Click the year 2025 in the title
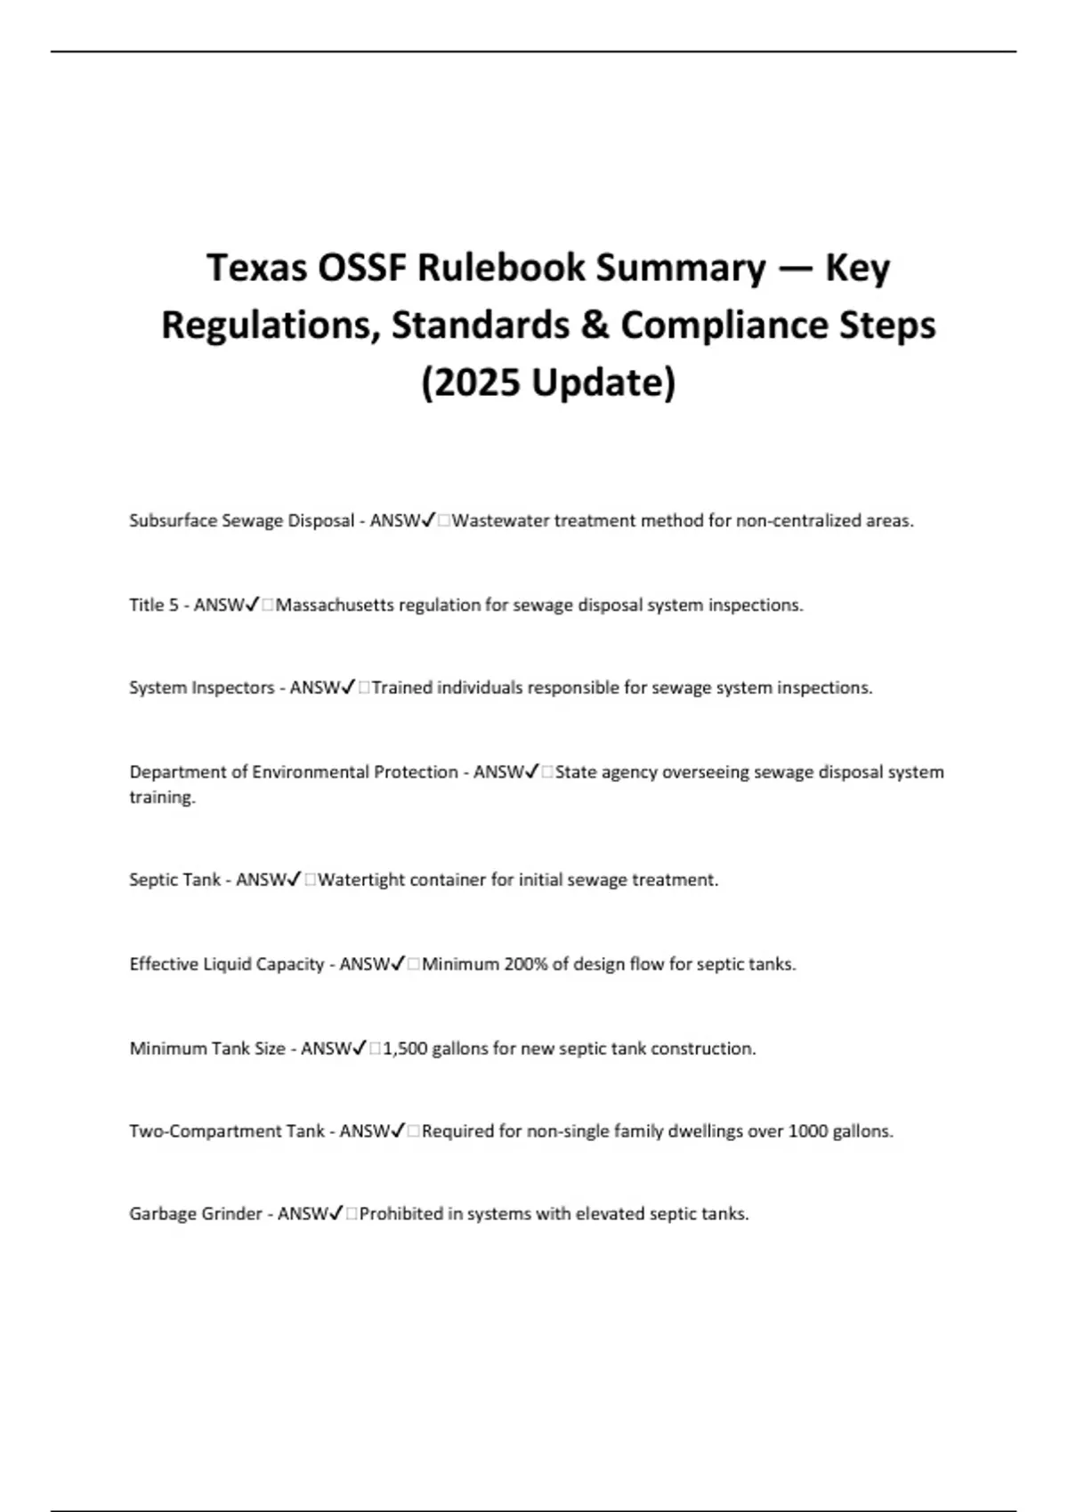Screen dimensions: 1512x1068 (471, 382)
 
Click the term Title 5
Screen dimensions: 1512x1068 (153, 605)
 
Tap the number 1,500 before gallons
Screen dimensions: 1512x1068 (405, 1049)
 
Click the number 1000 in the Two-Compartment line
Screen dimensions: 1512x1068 (808, 1131)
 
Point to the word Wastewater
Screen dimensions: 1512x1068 (500, 520)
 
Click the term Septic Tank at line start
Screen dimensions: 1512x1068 (174, 880)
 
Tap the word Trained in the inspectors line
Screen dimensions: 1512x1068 (401, 688)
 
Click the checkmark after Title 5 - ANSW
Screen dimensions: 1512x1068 (252, 605)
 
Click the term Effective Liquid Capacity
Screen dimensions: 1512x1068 (226, 964)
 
